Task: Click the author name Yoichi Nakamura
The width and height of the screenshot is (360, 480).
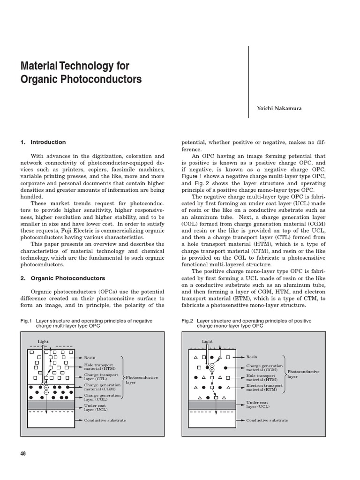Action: click(278, 108)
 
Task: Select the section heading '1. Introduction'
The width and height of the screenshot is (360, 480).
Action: click(43, 142)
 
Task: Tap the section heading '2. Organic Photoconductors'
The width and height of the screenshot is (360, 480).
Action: click(63, 278)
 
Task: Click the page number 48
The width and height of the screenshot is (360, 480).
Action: click(23, 453)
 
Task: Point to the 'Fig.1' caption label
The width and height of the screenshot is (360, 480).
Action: click(25, 321)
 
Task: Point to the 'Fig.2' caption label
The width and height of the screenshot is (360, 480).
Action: click(187, 321)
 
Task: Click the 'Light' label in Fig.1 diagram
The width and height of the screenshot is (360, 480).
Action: click(43, 342)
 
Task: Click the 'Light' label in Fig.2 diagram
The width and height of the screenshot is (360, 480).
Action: click(207, 342)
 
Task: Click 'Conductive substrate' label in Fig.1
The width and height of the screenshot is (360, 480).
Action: click(105, 420)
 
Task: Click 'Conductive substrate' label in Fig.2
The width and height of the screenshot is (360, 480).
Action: click(267, 420)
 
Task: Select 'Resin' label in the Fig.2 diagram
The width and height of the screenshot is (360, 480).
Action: click(252, 357)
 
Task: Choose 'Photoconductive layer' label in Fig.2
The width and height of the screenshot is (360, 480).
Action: click(303, 374)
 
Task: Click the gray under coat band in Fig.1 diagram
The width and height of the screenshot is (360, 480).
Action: click(52, 405)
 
